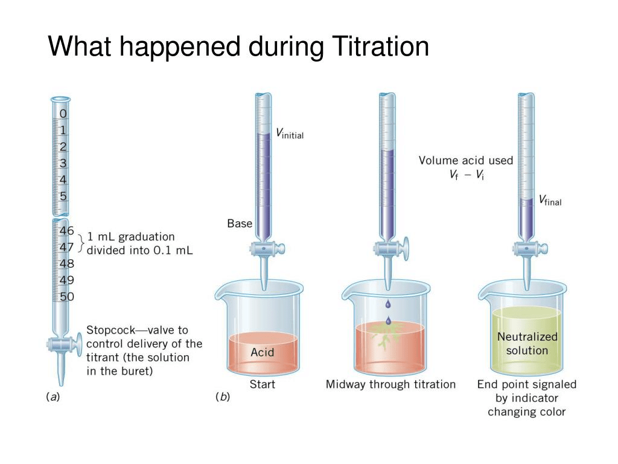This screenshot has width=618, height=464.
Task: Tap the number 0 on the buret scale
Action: pos(63,114)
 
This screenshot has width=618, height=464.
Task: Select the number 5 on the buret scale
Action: pos(63,196)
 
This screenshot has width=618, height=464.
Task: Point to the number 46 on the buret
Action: pos(66,231)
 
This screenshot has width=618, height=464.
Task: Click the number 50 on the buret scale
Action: pos(66,296)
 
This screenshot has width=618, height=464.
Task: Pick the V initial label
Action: pos(289,134)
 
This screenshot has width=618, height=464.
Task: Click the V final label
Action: pos(549,200)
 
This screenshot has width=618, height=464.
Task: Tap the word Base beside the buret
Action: pos(240,224)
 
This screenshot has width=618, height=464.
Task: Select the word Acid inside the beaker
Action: pos(263,352)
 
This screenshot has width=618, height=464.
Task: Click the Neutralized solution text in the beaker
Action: pos(527,343)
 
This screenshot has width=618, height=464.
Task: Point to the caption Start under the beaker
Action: pos(263,384)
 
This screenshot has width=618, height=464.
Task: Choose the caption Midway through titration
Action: pos(390,384)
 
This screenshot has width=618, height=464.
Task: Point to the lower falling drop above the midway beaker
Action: pos(388,320)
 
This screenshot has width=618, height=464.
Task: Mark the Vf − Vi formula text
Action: pos(466,175)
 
